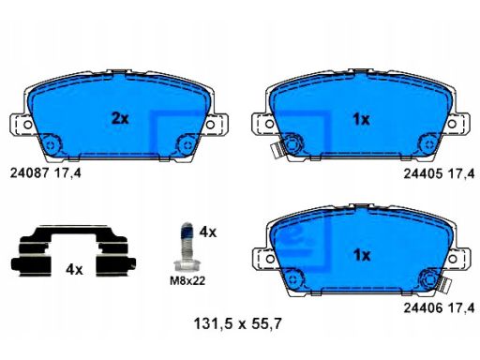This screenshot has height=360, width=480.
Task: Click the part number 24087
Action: click(30, 172)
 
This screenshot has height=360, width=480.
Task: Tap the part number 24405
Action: click(424, 173)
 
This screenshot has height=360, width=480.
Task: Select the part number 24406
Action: click(424, 307)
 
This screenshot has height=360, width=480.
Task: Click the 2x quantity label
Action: click(120, 118)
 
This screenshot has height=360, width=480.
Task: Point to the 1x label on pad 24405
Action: click(361, 119)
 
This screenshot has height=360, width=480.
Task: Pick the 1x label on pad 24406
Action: click(362, 255)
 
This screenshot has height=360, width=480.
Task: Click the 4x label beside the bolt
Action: click(208, 232)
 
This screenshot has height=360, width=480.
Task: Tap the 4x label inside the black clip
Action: click(74, 269)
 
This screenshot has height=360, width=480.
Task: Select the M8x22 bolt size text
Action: click(187, 281)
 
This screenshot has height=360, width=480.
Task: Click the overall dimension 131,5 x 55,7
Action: click(238, 323)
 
